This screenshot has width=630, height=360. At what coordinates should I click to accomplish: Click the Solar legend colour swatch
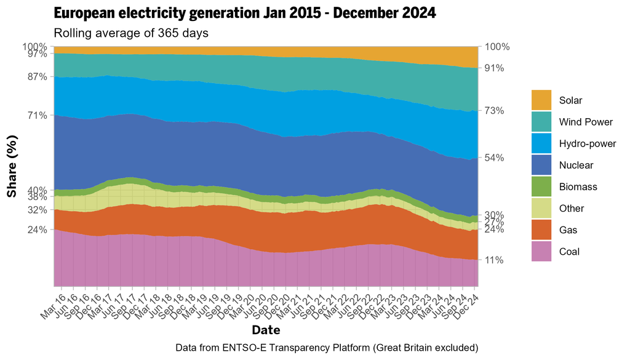click(541, 100)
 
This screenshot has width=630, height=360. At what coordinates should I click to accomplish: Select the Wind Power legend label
click(586, 122)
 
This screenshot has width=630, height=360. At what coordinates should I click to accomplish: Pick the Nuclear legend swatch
click(541, 165)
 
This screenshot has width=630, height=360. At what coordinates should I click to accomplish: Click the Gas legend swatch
click(541, 230)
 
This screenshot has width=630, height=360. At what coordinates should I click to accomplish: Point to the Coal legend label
click(569, 251)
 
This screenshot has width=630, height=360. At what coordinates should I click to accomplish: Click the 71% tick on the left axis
click(38, 115)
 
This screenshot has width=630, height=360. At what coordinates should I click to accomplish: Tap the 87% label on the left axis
click(38, 77)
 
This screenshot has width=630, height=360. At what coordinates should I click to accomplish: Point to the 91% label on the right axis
click(494, 68)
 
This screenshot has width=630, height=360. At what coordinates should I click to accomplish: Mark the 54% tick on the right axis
click(494, 158)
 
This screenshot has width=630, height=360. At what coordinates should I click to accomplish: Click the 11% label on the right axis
click(494, 260)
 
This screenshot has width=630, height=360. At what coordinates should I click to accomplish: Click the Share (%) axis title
click(12, 166)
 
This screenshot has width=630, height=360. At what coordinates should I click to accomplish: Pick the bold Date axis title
click(266, 329)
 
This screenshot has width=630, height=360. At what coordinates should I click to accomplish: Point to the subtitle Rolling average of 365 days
click(131, 33)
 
